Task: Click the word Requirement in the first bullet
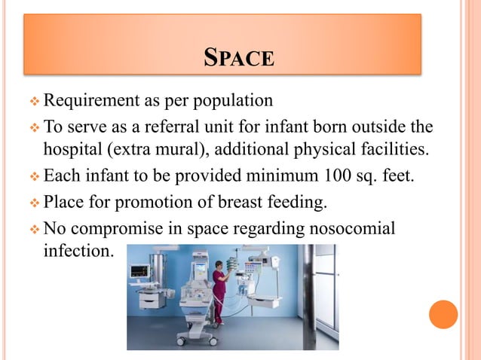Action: tap(90, 100)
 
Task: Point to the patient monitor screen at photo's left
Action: tap(140, 270)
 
